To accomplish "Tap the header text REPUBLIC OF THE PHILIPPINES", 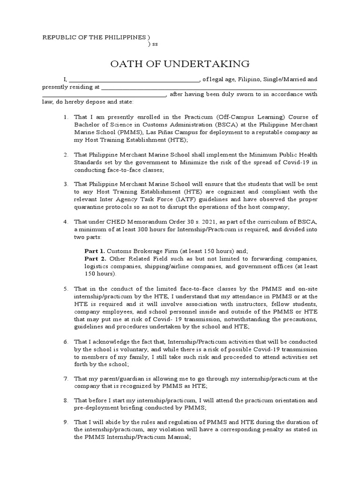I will click(94, 37).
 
